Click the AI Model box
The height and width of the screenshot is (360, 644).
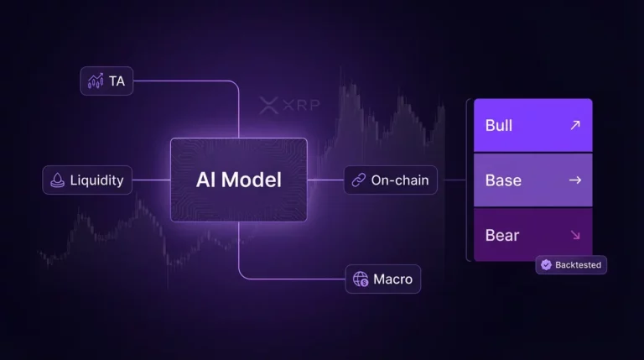pyautogui.click(x=239, y=180)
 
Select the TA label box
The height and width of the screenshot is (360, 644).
pyautogui.click(x=106, y=81)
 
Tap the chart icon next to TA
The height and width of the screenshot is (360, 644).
pyautogui.click(x=96, y=81)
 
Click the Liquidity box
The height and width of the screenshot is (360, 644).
pyautogui.click(x=87, y=180)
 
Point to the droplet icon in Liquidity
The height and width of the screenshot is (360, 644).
pyautogui.click(x=58, y=180)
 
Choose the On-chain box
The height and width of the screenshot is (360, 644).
pyautogui.click(x=391, y=180)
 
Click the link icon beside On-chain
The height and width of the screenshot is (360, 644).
pyautogui.click(x=359, y=180)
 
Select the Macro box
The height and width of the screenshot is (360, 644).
pyautogui.click(x=383, y=279)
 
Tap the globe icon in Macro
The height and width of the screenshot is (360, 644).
pyautogui.click(x=361, y=279)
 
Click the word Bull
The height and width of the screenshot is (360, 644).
pyautogui.click(x=499, y=125)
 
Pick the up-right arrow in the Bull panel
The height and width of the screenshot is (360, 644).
pyautogui.click(x=574, y=125)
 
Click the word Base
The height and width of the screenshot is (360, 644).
pyautogui.click(x=503, y=180)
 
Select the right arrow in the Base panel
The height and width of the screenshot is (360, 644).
pyautogui.click(x=574, y=180)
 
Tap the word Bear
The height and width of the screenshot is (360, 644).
pyautogui.click(x=502, y=235)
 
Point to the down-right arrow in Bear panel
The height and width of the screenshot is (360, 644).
pyautogui.click(x=574, y=235)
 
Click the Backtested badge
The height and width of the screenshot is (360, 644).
pyautogui.click(x=571, y=264)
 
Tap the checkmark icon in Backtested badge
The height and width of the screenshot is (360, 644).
pyautogui.click(x=546, y=264)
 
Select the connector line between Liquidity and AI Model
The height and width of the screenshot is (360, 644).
pyautogui.click(x=151, y=180)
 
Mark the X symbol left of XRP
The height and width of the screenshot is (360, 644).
pyautogui.click(x=268, y=106)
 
